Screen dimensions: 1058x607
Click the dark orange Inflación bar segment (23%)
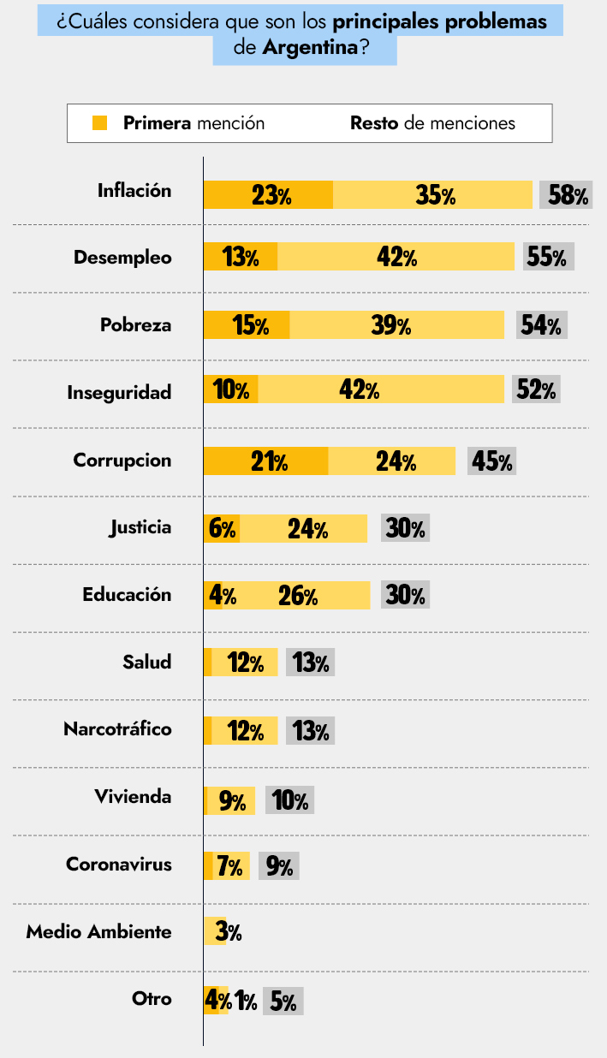coord(268,195)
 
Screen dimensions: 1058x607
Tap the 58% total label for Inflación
coord(567,195)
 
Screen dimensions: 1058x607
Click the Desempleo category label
coord(122,258)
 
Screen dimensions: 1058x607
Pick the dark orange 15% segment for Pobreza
coord(247,325)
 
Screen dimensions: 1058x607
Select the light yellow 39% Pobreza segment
coord(396,325)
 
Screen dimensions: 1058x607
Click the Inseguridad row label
coord(120,392)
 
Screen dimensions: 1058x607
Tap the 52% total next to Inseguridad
coord(536,390)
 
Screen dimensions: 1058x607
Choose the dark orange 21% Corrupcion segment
coord(266,461)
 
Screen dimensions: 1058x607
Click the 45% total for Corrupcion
coord(491,461)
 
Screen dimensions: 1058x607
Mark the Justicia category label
coord(140,527)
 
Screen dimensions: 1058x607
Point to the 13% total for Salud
coord(310,663)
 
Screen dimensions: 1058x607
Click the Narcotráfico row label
coord(117,729)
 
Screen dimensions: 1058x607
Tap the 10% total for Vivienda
coord(290,800)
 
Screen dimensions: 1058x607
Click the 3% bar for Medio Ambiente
coord(215,931)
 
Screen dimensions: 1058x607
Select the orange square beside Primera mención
coord(100,123)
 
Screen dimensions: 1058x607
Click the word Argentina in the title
coord(309,49)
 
